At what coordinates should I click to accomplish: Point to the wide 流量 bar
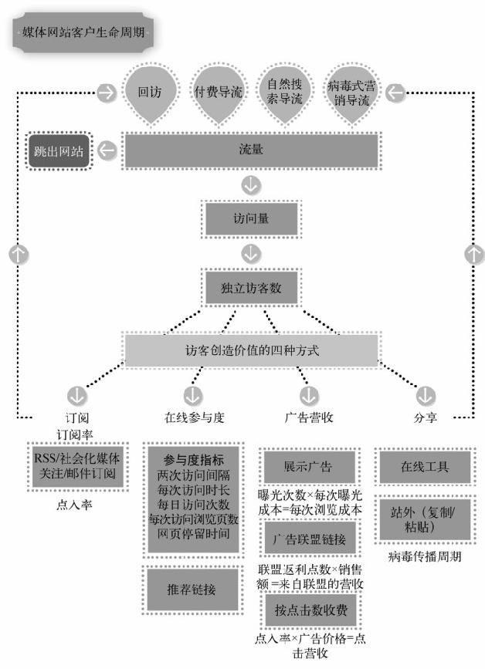tap(252, 150)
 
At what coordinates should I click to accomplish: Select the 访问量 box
tap(252, 219)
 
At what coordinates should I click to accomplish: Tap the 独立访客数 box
tap(252, 287)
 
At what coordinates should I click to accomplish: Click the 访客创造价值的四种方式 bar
tap(252, 350)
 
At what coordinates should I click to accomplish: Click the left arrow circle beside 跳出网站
tap(109, 150)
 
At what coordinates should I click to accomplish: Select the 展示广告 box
tap(309, 468)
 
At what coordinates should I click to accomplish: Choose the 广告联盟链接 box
tap(309, 538)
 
